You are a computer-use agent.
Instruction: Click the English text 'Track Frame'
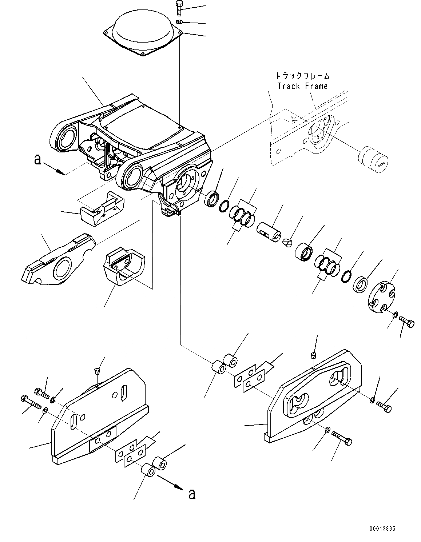(x=302, y=86)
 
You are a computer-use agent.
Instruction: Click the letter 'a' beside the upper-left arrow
(x=37, y=159)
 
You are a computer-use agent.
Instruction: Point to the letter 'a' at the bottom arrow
(x=192, y=494)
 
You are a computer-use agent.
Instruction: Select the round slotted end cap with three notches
(x=381, y=296)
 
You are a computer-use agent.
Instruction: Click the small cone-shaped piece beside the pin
(x=287, y=242)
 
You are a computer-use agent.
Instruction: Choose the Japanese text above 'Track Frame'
(x=302, y=76)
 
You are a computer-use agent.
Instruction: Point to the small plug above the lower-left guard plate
(x=96, y=371)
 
